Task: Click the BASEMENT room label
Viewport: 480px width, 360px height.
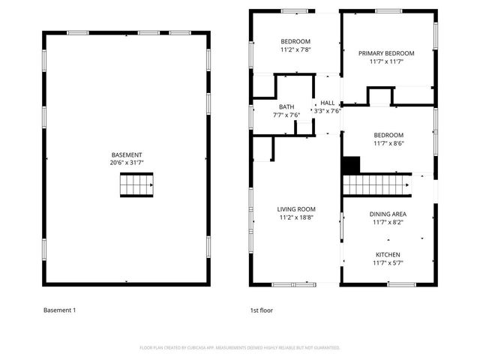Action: (126, 154)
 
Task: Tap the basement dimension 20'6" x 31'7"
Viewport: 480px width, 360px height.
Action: (126, 163)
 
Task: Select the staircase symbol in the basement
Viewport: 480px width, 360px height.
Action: (136, 184)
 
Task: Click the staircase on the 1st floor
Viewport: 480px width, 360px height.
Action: (377, 184)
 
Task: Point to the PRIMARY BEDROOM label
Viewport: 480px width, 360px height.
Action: (386, 53)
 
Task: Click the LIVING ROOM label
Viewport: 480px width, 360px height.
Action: (296, 209)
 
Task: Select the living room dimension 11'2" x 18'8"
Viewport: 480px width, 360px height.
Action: (296, 217)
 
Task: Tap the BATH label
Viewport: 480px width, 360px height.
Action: (286, 106)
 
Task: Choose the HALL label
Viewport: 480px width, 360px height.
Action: (328, 103)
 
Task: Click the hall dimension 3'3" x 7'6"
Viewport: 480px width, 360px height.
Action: (327, 111)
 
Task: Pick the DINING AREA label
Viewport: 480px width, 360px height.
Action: (388, 214)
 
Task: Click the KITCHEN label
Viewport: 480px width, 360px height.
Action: (388, 254)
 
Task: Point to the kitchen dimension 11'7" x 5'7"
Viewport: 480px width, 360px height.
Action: (388, 262)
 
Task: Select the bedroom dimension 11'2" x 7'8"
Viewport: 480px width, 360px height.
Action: (295, 49)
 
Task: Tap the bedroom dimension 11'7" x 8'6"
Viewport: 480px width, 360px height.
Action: (388, 143)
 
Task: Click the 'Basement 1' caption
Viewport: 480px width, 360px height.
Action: (59, 310)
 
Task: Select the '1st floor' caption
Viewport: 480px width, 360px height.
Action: (261, 310)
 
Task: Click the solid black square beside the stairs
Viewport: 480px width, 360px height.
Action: (351, 165)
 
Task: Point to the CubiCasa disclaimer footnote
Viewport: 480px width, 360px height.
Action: (240, 348)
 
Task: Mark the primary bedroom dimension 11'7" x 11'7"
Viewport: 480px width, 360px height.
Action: (386, 61)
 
